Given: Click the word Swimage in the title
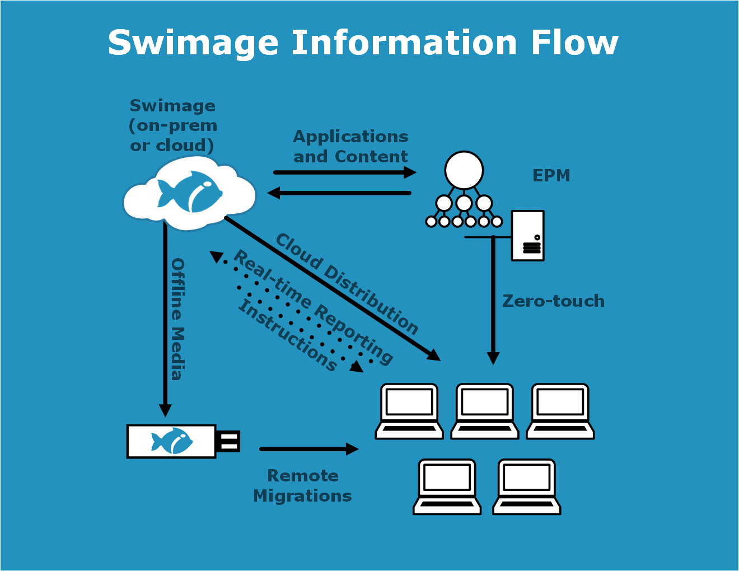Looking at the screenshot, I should [193, 44].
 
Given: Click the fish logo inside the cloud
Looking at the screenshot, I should [189, 192].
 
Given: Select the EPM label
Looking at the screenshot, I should [551, 176].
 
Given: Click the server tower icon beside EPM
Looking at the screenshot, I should [527, 236].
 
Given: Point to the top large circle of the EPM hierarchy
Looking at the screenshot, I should [464, 170].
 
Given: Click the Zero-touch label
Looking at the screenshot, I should [553, 301].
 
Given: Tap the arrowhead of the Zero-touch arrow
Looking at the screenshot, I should [493, 358].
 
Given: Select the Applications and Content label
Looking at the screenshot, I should [350, 147].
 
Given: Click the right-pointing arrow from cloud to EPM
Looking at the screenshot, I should [344, 172].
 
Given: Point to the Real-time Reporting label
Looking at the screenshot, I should [313, 307].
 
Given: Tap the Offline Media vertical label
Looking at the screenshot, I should [177, 319].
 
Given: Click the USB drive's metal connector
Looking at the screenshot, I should [228, 441].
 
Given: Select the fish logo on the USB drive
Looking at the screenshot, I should [172, 441].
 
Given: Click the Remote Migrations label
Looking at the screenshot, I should [302, 486].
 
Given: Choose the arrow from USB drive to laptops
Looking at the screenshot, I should [308, 449].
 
